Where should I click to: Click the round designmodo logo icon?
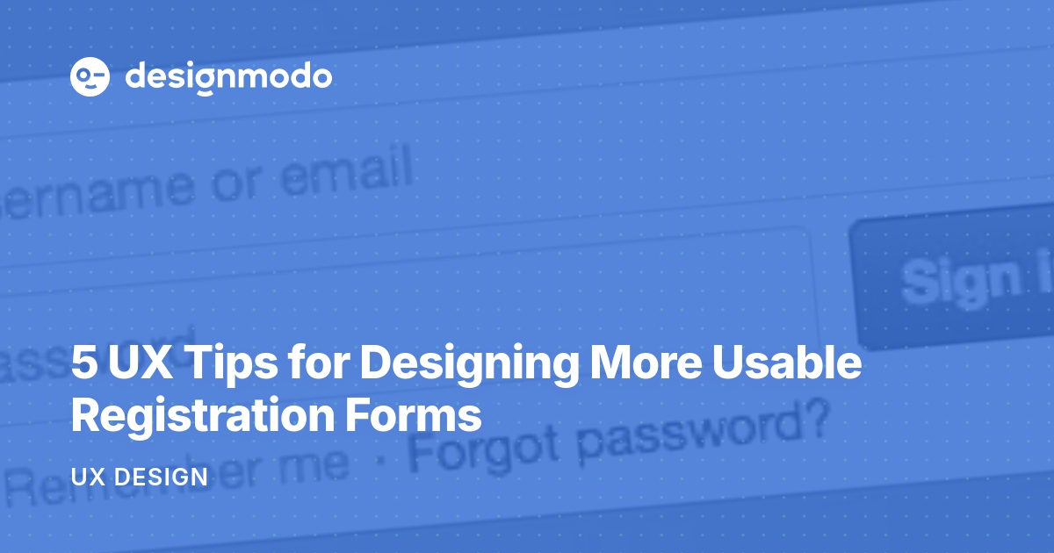pyautogui.click(x=90, y=77)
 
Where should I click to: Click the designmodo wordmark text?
pyautogui.click(x=228, y=77)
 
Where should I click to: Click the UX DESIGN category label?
pyautogui.click(x=139, y=478)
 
